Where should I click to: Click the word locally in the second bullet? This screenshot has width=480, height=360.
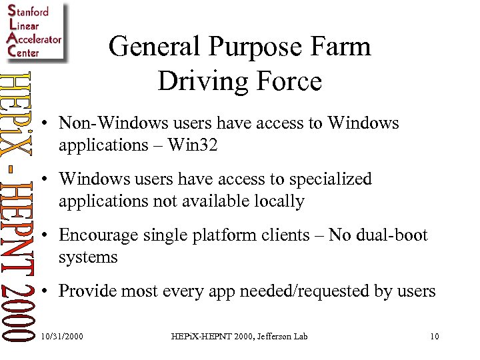(x=275, y=201)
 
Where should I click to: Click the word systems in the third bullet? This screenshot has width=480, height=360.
(x=88, y=257)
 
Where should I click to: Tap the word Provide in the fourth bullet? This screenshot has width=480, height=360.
(x=87, y=291)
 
